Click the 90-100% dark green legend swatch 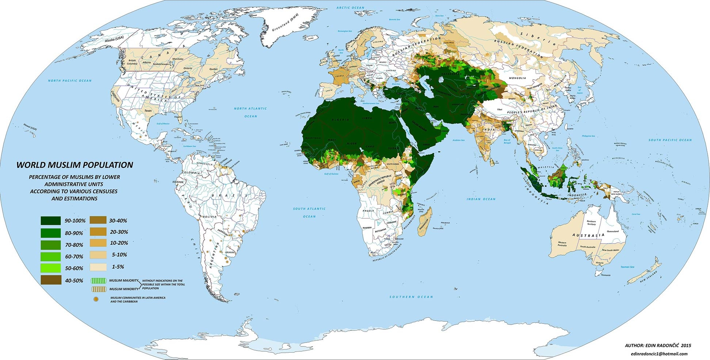click(x=51, y=221)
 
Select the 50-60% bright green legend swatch click(x=51, y=268)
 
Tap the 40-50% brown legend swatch click(x=51, y=280)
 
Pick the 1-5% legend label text click(x=118, y=267)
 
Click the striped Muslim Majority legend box click(x=98, y=281)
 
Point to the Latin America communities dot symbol click(x=96, y=299)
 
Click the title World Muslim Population click(x=75, y=165)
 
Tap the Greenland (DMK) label click(x=285, y=23)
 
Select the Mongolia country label click(x=518, y=78)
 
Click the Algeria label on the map click(x=340, y=120)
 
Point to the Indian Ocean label click(x=481, y=199)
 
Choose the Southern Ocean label click(x=411, y=297)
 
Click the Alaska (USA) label click(x=114, y=40)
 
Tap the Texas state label click(x=148, y=111)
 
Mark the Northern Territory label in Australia click(x=591, y=222)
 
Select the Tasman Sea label click(x=627, y=267)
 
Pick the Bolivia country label click(x=210, y=217)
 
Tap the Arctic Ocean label click(x=350, y=8)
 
